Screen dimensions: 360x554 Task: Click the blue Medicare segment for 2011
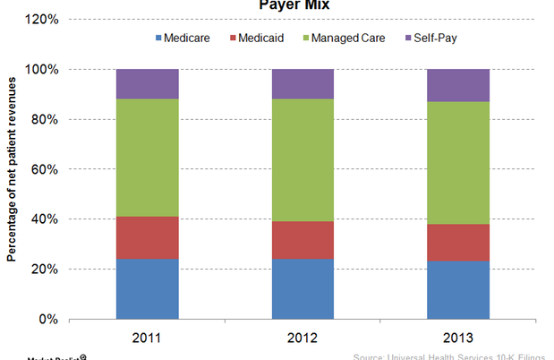(147, 288)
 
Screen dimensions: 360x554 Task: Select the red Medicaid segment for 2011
(147, 237)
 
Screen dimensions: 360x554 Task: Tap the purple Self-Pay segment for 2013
(459, 85)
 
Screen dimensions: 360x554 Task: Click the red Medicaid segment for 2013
(459, 242)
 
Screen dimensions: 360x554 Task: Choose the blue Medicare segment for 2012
(303, 288)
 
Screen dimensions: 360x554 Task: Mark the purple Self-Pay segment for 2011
(147, 83)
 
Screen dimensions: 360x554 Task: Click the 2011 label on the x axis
(147, 339)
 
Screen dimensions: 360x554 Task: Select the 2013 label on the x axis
(459, 339)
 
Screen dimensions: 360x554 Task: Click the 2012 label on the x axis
(303, 339)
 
